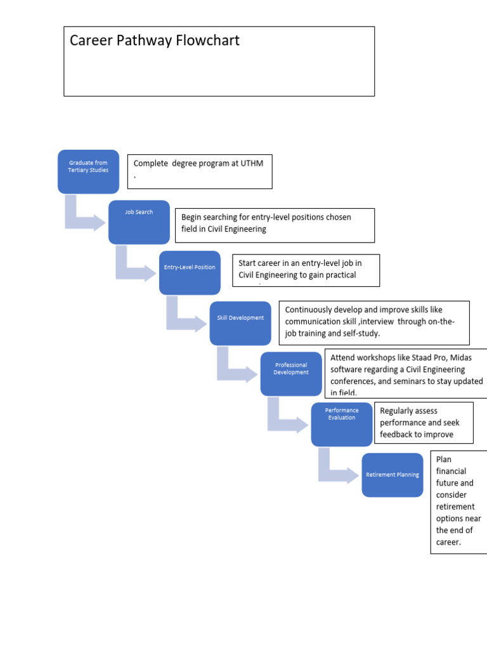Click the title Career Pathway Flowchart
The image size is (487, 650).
click(x=155, y=41)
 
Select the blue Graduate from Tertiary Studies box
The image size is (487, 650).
click(x=88, y=171)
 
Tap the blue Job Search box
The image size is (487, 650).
click(x=139, y=222)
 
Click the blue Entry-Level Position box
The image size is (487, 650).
click(x=190, y=272)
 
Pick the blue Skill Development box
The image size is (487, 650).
click(x=240, y=323)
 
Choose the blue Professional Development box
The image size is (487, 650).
click(x=291, y=374)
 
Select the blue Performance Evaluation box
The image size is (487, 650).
click(x=342, y=424)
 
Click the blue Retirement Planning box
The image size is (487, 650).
click(x=393, y=475)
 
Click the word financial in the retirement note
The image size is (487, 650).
click(x=451, y=471)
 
